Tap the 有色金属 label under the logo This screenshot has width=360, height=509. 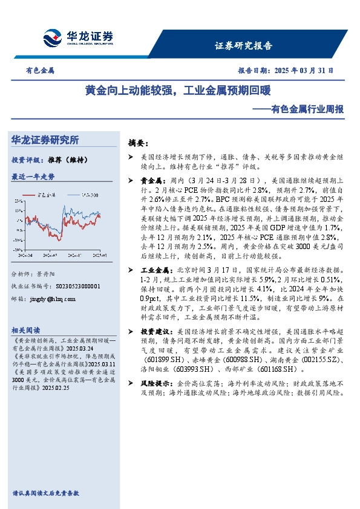[40, 70]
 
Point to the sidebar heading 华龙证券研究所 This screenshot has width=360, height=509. [45, 140]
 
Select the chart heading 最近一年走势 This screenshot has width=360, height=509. [33, 177]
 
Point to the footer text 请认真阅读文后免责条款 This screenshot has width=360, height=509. [45, 493]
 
